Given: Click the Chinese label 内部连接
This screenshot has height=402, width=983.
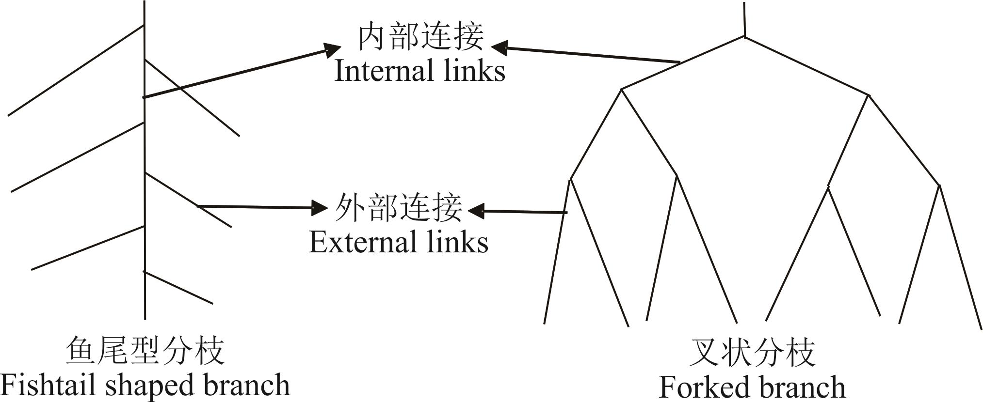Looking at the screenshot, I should pyautogui.click(x=420, y=37).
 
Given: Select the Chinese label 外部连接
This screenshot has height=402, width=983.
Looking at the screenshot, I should pyautogui.click(x=399, y=208).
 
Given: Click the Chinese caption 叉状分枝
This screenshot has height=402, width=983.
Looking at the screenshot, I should pyautogui.click(x=752, y=352).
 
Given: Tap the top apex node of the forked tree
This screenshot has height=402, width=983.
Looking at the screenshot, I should pyautogui.click(x=744, y=37).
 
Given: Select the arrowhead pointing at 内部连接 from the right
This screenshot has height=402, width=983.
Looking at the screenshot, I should pyautogui.click(x=499, y=47).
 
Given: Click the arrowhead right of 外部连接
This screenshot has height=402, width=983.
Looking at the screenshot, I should pyautogui.click(x=476, y=210).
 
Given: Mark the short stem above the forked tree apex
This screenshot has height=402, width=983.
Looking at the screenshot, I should pyautogui.click(x=744, y=19).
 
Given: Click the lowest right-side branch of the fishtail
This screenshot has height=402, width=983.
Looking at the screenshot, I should pyautogui.click(x=178, y=288).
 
